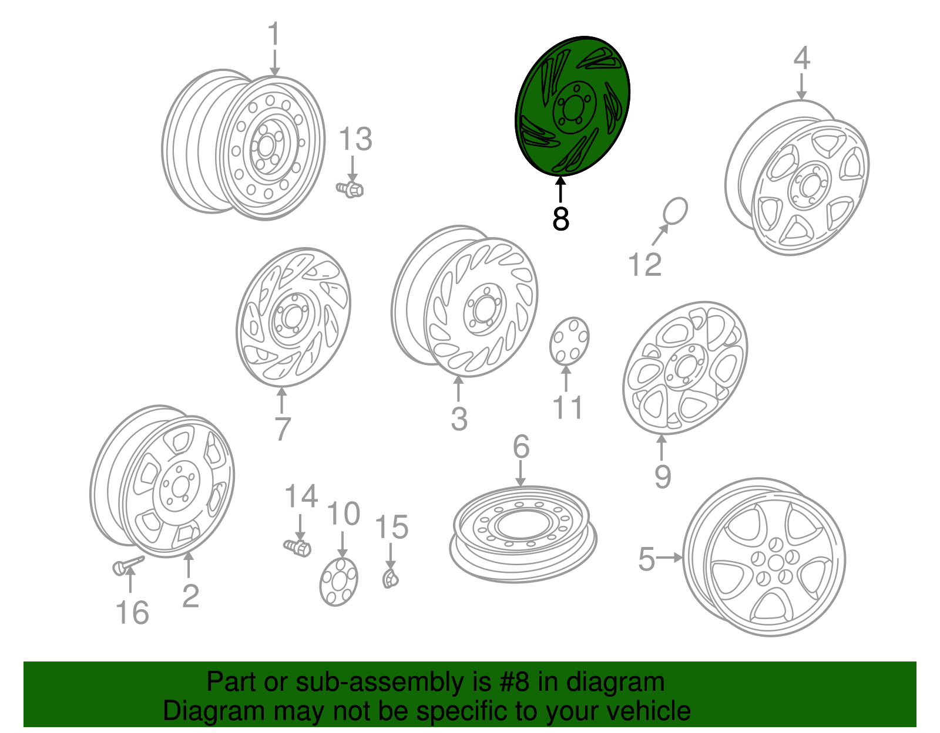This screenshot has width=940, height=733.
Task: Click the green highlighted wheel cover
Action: [572, 106]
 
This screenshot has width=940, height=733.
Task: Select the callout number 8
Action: [560, 218]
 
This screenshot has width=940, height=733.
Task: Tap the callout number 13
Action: [355, 139]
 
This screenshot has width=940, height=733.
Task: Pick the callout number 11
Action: [568, 407]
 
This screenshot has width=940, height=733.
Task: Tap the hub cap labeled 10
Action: [339, 582]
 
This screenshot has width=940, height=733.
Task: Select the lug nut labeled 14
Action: [298, 548]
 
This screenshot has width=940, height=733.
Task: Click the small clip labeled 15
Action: [391, 579]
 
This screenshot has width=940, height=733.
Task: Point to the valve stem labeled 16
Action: [128, 564]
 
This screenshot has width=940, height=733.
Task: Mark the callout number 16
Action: [132, 613]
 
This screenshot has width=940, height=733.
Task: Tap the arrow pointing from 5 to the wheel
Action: [670, 558]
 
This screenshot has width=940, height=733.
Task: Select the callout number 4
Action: [801, 58]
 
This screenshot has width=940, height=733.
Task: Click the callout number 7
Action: [282, 428]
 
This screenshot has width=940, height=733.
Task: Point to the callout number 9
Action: [662, 477]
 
